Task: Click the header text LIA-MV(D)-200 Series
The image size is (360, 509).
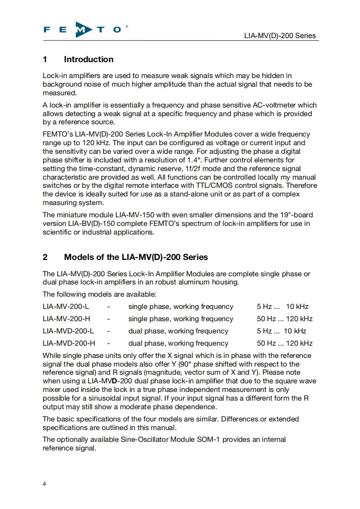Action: pos(280,36)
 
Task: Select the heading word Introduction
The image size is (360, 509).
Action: pos(89,59)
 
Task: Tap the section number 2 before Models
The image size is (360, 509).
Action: pos(45,257)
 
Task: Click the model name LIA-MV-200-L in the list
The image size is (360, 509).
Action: pos(65,307)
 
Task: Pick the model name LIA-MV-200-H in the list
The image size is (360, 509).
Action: pos(66,319)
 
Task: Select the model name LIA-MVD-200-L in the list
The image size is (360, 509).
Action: pos(68,331)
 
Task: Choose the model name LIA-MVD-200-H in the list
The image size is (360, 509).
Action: pos(69,343)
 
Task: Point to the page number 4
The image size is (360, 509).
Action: pos(44,484)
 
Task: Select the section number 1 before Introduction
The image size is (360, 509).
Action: pos(45,59)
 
